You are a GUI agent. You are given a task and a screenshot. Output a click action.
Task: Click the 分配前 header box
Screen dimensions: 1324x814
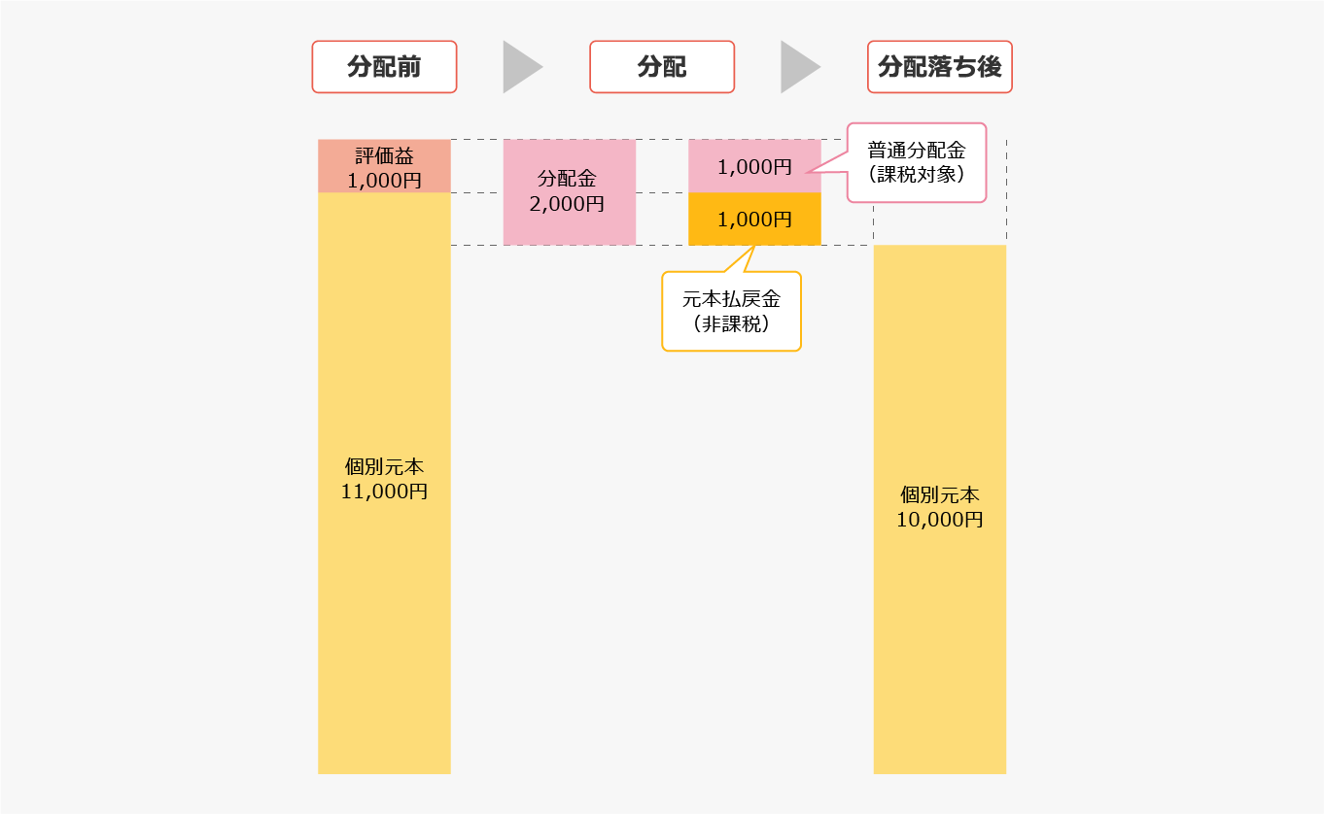384,67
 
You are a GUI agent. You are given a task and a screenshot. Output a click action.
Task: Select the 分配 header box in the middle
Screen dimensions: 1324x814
662,67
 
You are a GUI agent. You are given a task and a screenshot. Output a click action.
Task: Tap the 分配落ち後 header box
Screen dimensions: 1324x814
940,67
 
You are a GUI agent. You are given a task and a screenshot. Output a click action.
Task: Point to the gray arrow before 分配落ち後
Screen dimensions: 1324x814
800,67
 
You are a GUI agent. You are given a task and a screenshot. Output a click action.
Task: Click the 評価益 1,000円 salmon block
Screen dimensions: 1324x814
384,166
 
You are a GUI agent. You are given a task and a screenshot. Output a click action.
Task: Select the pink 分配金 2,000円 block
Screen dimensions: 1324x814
570,192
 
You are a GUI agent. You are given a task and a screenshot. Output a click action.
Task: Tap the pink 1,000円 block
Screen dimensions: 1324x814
754,166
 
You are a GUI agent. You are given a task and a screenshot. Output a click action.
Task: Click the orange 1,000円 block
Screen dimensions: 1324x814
754,219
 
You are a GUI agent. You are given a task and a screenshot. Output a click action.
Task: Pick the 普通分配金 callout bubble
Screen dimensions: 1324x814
916,162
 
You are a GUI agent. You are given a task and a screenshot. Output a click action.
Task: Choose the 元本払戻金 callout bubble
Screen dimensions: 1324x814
731,311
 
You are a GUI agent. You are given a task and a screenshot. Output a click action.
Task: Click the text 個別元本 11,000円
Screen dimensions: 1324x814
384,479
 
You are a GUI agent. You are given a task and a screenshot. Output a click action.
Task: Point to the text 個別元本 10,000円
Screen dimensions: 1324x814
940,507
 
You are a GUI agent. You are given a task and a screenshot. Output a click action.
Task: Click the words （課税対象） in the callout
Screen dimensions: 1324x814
916,175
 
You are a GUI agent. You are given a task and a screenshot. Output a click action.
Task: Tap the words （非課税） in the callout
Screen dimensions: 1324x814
731,323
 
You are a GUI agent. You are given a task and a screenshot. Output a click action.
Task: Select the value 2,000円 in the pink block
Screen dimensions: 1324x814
567,204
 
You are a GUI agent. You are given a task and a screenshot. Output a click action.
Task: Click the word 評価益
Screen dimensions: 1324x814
384,156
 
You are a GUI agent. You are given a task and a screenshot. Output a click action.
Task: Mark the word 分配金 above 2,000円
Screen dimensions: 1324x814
567,179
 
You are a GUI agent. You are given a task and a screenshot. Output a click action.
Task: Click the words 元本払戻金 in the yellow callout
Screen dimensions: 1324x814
731,299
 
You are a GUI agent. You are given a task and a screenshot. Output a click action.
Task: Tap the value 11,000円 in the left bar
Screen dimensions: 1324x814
384,492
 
